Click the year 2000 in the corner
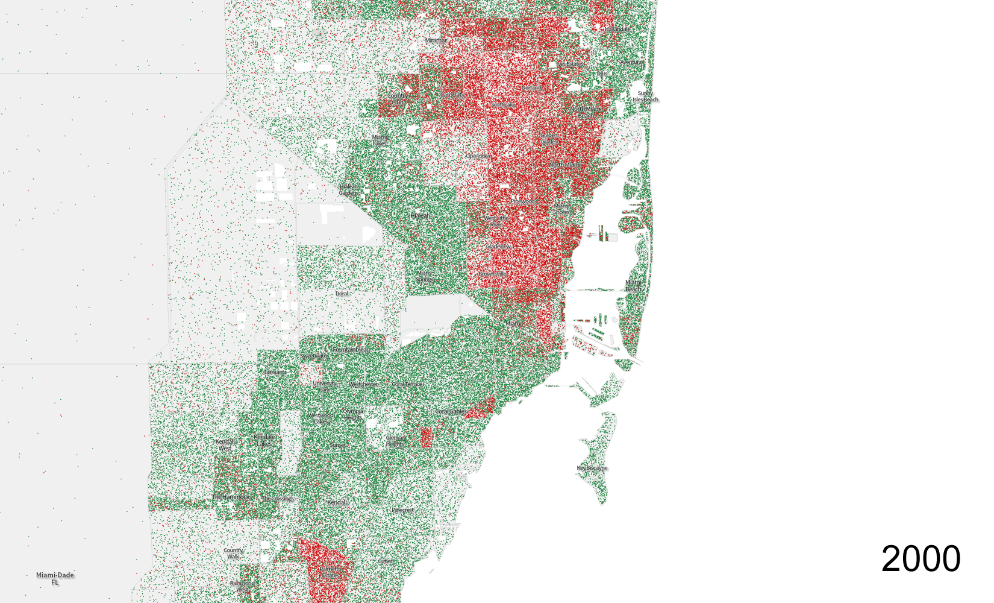click(x=921, y=559)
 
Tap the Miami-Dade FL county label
click(x=55, y=578)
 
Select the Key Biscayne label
click(x=592, y=468)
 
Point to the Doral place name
click(x=342, y=294)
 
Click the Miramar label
click(x=436, y=40)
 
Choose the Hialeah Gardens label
click(x=349, y=190)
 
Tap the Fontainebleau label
click(x=352, y=350)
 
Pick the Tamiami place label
click(x=275, y=372)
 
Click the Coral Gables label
click(x=450, y=411)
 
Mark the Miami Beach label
click(x=633, y=286)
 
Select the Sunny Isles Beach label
click(x=645, y=96)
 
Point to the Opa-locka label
click(x=478, y=156)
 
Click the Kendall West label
click(x=225, y=445)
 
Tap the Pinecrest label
click(x=402, y=510)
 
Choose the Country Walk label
click(x=233, y=553)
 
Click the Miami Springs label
click(x=425, y=276)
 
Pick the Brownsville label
click(x=493, y=274)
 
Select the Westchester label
click(x=363, y=384)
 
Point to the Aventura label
click(x=631, y=62)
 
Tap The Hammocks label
click(x=231, y=497)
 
